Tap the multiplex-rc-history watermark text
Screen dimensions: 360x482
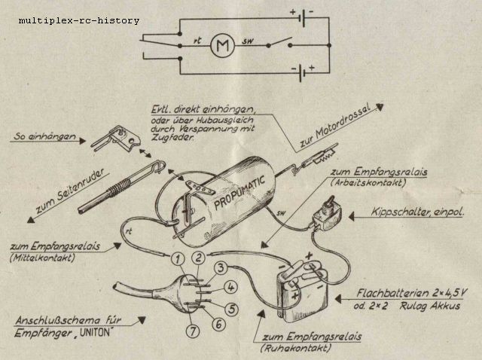[x=79, y=20]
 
